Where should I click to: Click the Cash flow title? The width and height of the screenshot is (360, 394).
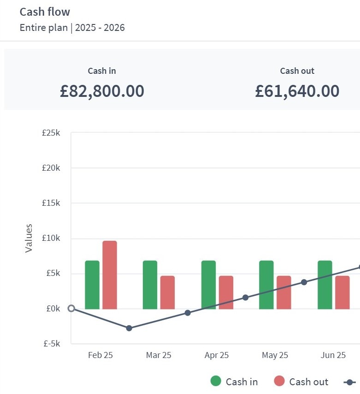(x=45, y=12)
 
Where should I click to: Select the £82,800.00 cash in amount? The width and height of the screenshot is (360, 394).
(x=102, y=91)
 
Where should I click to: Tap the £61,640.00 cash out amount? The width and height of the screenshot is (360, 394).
(x=297, y=91)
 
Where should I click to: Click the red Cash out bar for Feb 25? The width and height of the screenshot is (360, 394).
(x=110, y=275)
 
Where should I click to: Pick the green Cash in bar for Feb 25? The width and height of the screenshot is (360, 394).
(x=92, y=285)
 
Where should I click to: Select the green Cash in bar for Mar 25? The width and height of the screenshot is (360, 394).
(x=150, y=285)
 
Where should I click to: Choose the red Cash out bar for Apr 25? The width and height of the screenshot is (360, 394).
(x=226, y=293)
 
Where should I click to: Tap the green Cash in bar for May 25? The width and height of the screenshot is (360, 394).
(x=266, y=285)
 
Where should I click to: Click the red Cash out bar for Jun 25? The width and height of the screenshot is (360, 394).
(x=342, y=293)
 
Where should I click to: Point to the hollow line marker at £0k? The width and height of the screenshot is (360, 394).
(x=71, y=308)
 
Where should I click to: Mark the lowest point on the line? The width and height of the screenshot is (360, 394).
(x=129, y=328)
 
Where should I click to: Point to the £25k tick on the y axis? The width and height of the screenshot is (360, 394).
(x=51, y=133)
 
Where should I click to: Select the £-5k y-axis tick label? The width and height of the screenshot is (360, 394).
(x=51, y=343)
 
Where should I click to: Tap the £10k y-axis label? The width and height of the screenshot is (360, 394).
(x=51, y=238)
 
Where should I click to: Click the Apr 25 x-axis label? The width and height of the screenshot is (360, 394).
(x=217, y=355)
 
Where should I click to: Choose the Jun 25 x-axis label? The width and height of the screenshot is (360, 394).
(x=333, y=355)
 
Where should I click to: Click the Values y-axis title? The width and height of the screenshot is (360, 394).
(x=29, y=238)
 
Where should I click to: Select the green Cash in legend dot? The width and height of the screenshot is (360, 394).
(x=216, y=381)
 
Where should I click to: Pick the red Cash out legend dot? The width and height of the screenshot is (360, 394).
(x=279, y=381)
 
